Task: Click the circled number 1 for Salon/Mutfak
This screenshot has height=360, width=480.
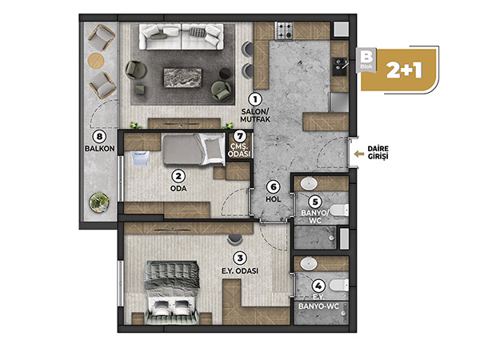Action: (x=255, y=99)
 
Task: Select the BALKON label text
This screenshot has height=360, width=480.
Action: (x=100, y=149)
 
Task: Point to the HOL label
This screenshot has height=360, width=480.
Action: (x=273, y=199)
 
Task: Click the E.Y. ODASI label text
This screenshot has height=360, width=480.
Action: (x=240, y=271)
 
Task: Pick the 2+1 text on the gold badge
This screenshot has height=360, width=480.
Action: (x=404, y=70)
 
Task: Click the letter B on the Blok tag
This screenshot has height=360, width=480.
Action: (x=366, y=58)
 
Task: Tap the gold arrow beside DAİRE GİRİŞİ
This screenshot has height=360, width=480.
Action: (x=359, y=154)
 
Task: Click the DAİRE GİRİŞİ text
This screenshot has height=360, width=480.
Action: (x=378, y=153)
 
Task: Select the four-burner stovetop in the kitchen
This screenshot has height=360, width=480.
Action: (x=284, y=31)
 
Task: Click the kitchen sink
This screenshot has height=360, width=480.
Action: (x=340, y=66)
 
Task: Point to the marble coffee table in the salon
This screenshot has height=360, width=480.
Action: (x=182, y=78)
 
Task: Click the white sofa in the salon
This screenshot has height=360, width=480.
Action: (x=182, y=37)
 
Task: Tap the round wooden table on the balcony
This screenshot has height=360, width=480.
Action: (x=96, y=60)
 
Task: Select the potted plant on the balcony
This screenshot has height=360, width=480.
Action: (x=100, y=202)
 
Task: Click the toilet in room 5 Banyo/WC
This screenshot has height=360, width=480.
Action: (x=339, y=210)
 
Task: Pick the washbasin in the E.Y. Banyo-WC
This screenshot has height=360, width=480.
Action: (x=309, y=263)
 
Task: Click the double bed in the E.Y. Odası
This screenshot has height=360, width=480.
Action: (x=172, y=293)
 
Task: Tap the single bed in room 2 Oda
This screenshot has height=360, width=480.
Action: (x=194, y=150)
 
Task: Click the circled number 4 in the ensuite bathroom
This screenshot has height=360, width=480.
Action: (x=318, y=286)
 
